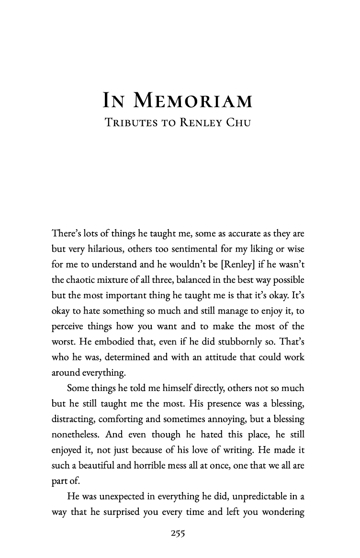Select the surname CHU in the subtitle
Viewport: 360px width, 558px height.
[x=236, y=123]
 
